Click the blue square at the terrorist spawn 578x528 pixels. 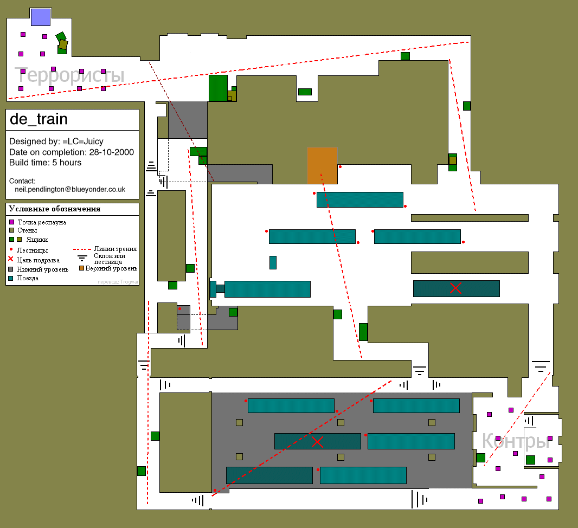(x=41, y=17)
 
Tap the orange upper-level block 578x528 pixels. (x=322, y=165)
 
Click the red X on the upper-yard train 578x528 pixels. (x=455, y=288)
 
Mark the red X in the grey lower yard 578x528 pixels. (x=317, y=441)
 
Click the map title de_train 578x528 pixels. (x=38, y=119)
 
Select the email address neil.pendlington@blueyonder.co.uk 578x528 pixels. (x=70, y=189)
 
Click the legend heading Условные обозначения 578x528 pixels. (x=55, y=209)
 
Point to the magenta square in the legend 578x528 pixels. (x=11, y=222)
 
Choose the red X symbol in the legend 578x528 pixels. (x=11, y=259)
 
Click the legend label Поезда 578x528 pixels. (x=28, y=278)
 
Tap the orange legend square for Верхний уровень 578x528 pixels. (x=81, y=268)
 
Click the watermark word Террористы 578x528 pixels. (x=69, y=75)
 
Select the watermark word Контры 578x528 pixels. (x=516, y=441)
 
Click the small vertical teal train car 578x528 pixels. (x=273, y=262)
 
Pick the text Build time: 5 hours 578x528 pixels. (x=46, y=163)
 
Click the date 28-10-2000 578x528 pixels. (x=111, y=152)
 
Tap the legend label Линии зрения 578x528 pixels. (x=115, y=249)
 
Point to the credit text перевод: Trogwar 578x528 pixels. (x=118, y=282)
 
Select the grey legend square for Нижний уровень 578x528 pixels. (x=11, y=269)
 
